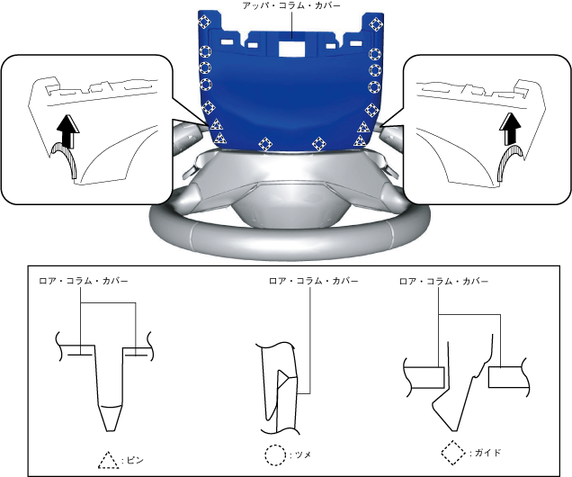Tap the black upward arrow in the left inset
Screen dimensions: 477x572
point(68,135)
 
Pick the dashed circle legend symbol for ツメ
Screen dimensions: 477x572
point(275,454)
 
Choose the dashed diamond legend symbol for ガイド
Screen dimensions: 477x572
point(453,451)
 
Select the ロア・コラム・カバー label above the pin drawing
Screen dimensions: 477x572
point(83,281)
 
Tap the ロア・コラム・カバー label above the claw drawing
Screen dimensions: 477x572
point(313,281)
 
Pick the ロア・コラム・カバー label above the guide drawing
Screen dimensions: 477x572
point(444,281)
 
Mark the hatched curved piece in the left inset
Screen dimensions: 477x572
point(66,166)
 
